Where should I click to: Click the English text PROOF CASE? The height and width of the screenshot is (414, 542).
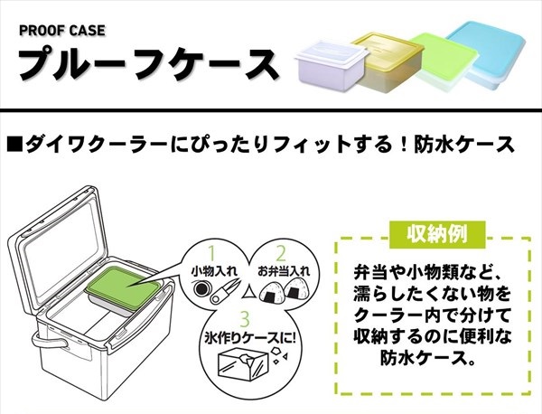[61, 30]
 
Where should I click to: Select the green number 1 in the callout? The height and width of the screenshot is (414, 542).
[214, 252]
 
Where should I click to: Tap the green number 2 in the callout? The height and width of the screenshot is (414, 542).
[281, 252]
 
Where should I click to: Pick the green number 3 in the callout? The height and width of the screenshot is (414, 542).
[247, 317]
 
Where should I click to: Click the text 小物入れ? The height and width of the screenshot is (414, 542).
[213, 270]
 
